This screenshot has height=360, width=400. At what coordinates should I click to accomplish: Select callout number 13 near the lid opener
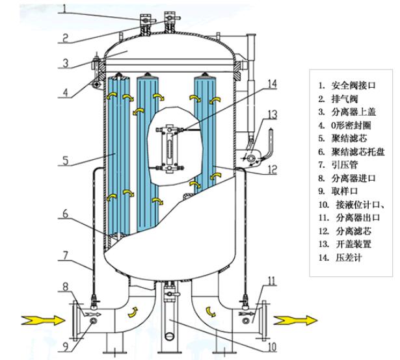click(x=272, y=114)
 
